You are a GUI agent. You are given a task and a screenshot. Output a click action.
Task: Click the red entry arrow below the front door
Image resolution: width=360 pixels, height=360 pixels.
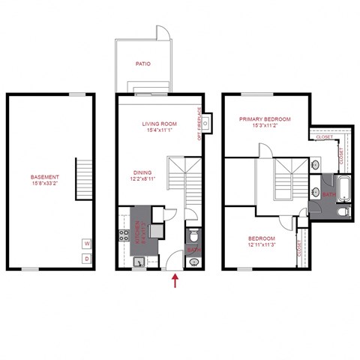[175, 281]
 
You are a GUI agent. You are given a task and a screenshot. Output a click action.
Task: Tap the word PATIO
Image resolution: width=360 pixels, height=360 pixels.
[143, 64]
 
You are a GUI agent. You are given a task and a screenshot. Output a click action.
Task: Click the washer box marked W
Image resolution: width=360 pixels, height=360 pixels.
[87, 244]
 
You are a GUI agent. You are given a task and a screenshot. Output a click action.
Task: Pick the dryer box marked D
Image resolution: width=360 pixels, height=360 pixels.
[87, 259]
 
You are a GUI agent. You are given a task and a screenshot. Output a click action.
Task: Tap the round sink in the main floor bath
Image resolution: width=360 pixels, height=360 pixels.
[194, 262]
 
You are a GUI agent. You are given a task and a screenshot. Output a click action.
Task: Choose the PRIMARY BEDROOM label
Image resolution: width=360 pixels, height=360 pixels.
[264, 119]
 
